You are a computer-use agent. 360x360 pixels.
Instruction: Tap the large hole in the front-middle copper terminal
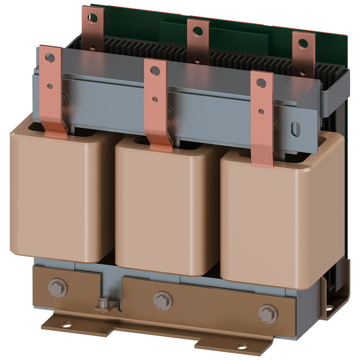155,71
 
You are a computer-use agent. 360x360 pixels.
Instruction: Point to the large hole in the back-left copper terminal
93,17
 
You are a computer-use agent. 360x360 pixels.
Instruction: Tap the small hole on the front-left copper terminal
50,86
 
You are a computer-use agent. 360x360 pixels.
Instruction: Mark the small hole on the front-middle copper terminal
155,99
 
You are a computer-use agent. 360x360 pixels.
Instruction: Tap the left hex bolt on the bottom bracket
57,288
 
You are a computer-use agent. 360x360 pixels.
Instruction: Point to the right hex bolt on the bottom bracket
268,314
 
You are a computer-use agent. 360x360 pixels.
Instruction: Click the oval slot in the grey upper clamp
295,129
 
